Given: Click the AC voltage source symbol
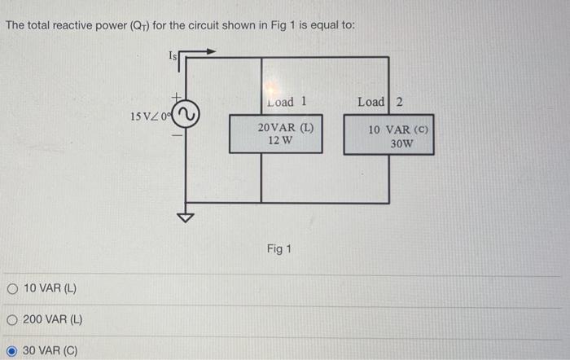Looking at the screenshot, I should (189, 116).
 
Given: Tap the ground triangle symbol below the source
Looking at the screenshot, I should (188, 217).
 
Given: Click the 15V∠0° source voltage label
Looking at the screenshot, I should (151, 116).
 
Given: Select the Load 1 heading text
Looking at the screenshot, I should (287, 103).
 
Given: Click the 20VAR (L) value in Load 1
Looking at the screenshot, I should (286, 128).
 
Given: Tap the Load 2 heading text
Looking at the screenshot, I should (379, 102).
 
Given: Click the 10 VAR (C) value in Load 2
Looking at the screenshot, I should (397, 130).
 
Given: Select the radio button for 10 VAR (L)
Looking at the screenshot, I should (12, 288).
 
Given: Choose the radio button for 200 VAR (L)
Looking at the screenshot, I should (12, 319).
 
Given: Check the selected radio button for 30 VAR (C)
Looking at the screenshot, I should (12, 350).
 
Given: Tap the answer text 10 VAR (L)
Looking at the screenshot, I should (50, 288).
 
